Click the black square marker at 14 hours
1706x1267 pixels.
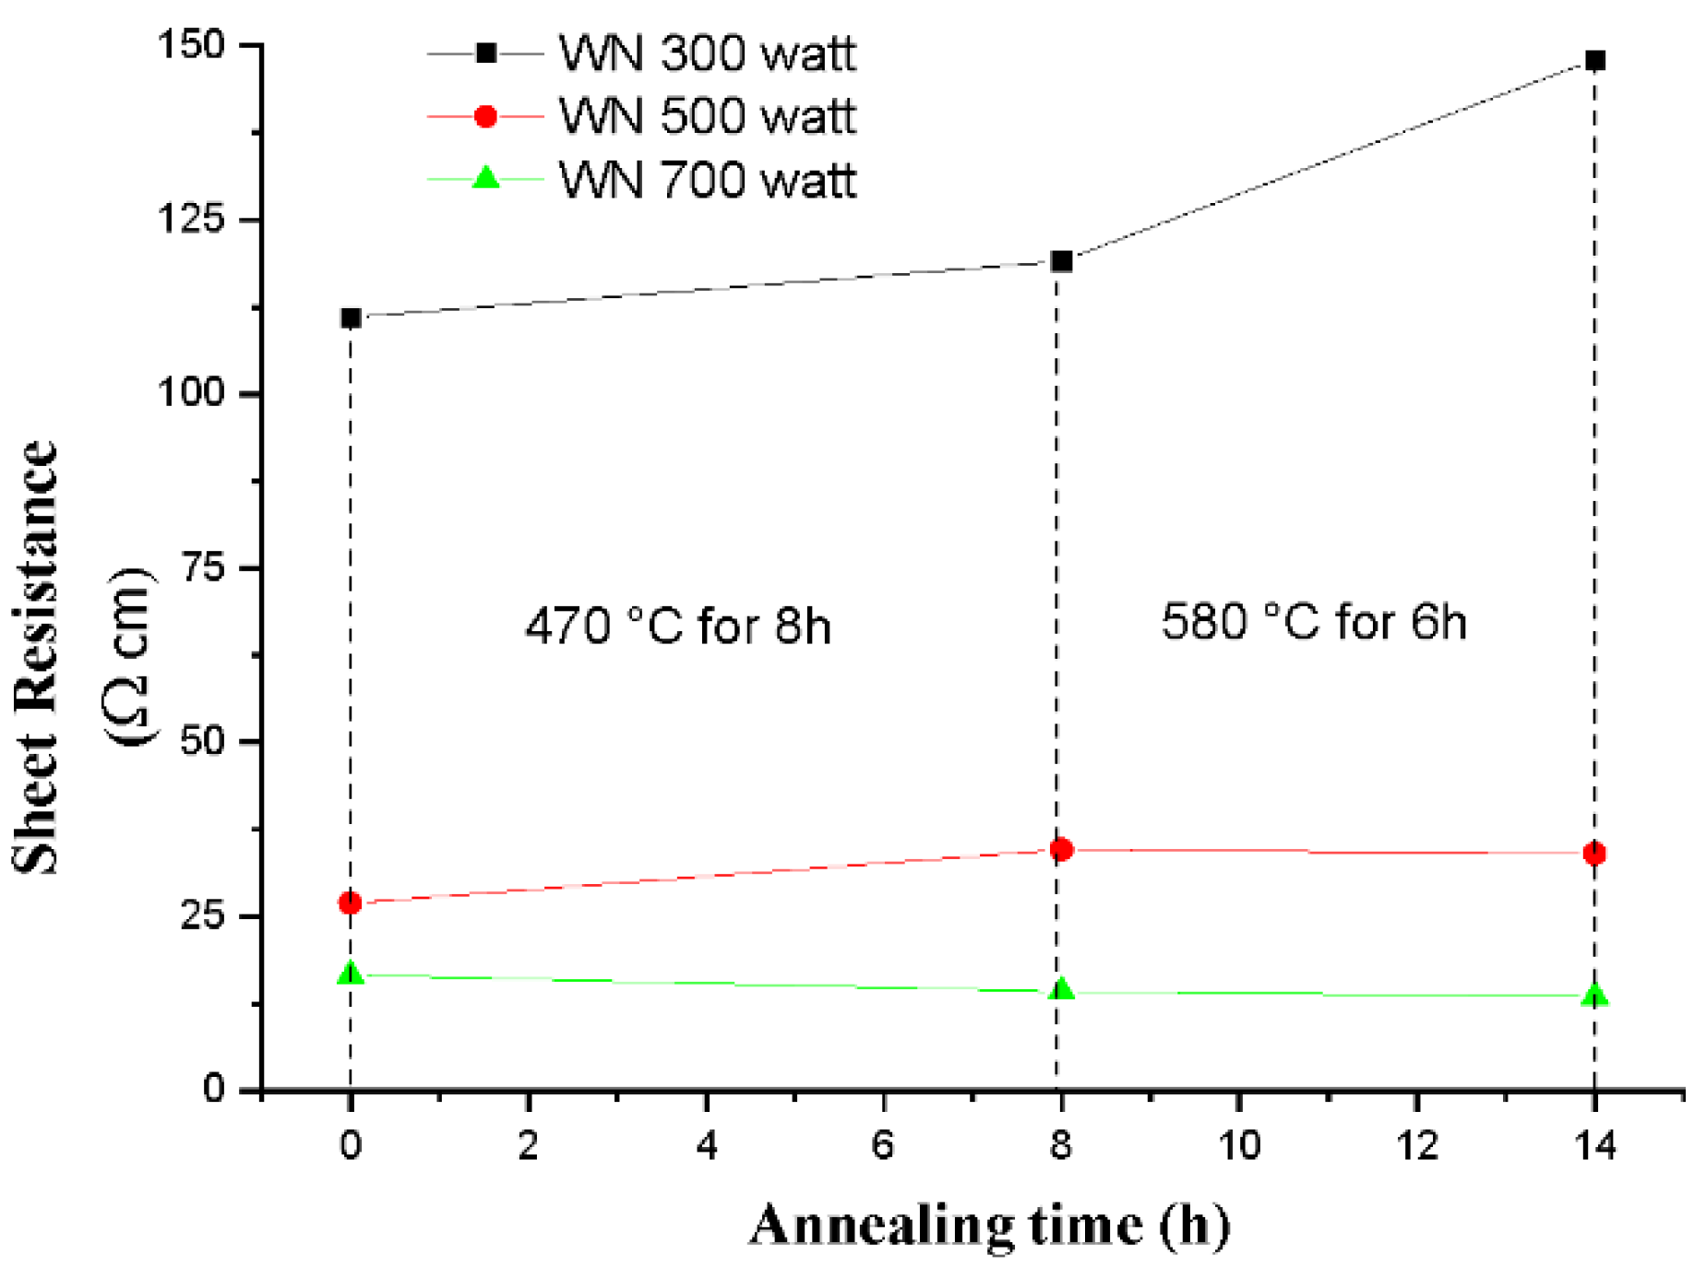pyautogui.click(x=1594, y=61)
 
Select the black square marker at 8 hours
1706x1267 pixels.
pyautogui.click(x=1061, y=261)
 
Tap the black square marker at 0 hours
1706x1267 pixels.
pyautogui.click(x=351, y=317)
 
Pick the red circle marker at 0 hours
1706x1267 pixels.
pyautogui.click(x=350, y=902)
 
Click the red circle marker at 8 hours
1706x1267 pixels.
pyautogui.click(x=1061, y=849)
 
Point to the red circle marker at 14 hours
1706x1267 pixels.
pyautogui.click(x=1594, y=853)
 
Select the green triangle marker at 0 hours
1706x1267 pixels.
pyautogui.click(x=351, y=974)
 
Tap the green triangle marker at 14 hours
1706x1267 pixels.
pyautogui.click(x=1594, y=995)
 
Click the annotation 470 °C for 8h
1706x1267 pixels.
pyautogui.click(x=678, y=626)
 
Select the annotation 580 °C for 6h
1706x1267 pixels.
pyautogui.click(x=1313, y=621)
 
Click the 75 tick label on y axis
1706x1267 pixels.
pyautogui.click(x=203, y=567)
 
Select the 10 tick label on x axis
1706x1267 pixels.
pyautogui.click(x=1239, y=1145)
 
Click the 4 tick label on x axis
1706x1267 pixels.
pyautogui.click(x=706, y=1145)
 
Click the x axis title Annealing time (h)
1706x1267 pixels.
pyautogui.click(x=988, y=1225)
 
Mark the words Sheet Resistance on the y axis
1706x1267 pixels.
pyautogui.click(x=37, y=657)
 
